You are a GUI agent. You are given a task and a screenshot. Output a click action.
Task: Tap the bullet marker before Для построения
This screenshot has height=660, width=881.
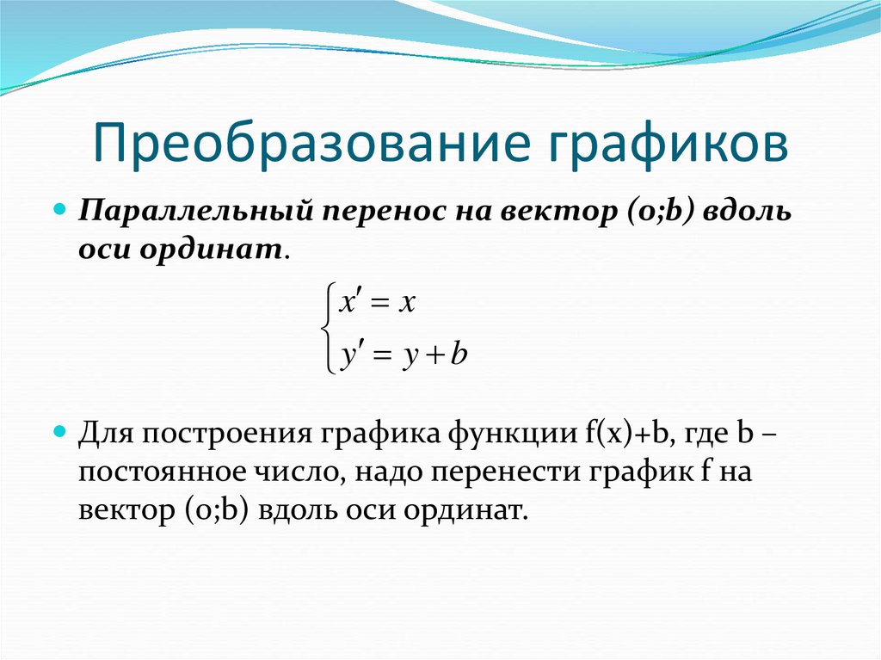60,428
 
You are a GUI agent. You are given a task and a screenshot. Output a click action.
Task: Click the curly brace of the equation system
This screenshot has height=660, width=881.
325,330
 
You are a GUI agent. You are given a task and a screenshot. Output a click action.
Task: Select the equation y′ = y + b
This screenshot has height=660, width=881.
401,355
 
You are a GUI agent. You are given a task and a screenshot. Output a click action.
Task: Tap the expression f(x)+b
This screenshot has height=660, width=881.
620,430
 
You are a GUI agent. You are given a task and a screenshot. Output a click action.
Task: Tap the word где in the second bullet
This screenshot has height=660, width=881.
700,430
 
